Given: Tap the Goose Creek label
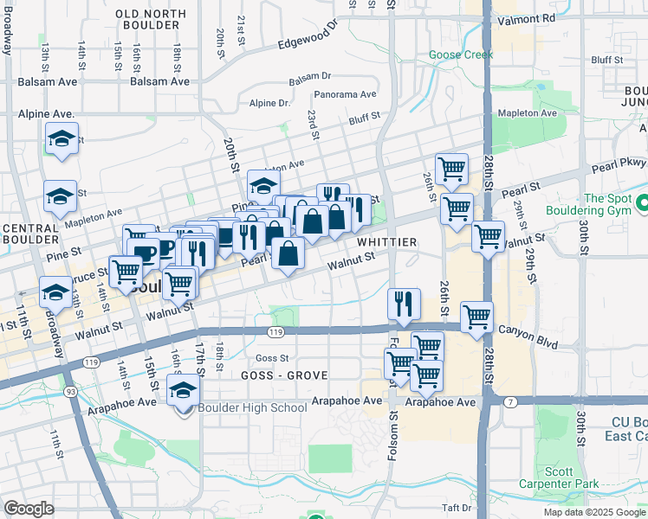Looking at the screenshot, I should pos(461,54).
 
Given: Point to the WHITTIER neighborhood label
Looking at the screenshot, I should pos(387,242).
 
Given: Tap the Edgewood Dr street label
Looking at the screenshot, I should pos(305,36).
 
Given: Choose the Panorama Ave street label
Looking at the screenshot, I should pos(346,94).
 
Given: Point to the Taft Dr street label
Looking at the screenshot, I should pos(456,509).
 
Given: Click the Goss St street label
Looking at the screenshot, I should pos(271,358).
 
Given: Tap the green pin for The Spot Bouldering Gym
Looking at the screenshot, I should pos(642,204).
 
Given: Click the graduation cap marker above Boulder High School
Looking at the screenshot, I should pos(183,391).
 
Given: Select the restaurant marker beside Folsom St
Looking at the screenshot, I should pos(404,304).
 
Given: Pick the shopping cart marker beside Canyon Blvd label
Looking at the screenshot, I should pos(476,317).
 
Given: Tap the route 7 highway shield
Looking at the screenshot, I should pos(511,401).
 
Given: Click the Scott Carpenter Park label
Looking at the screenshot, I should pos(589,478).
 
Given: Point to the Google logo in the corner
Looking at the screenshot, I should pos(29,509).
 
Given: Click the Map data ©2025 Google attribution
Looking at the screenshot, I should pos(593,512).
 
